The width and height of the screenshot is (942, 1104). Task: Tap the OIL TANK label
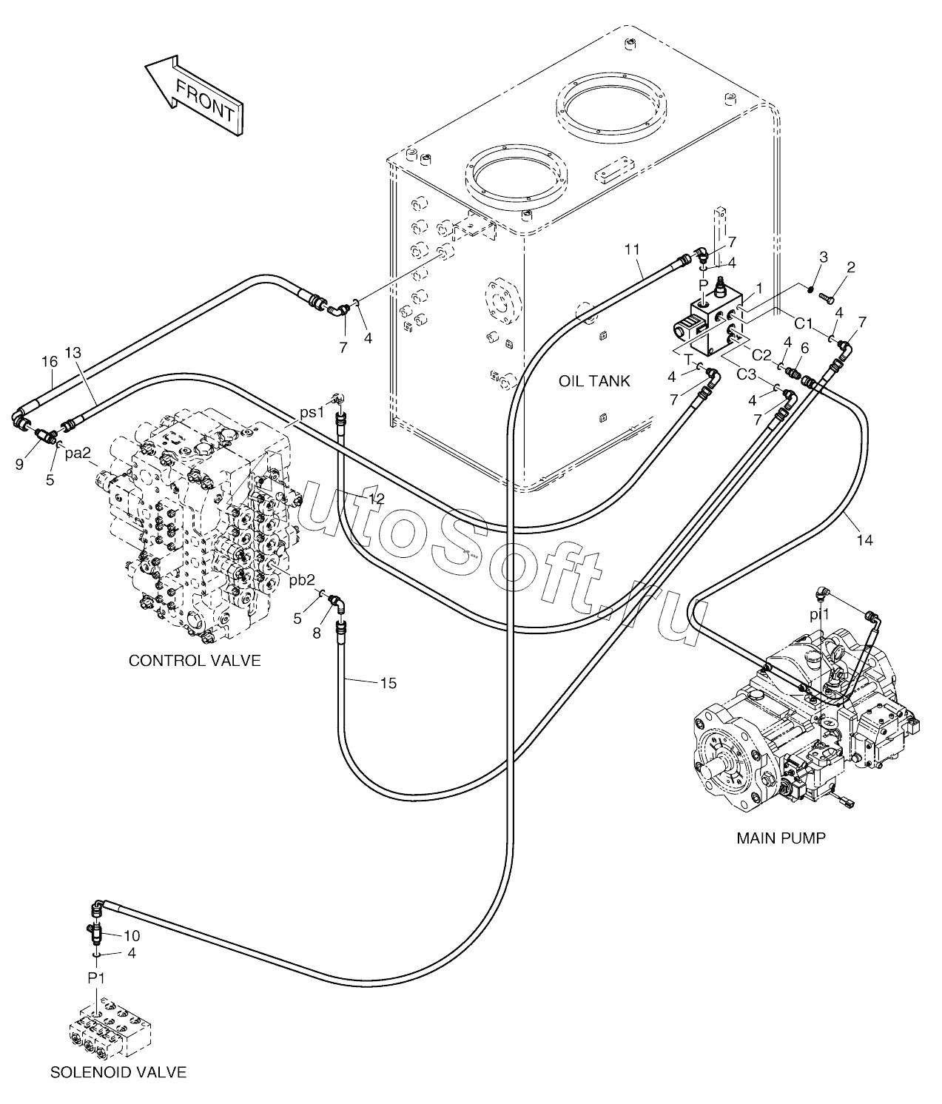[x=594, y=381]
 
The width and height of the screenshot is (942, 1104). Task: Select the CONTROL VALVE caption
[x=195, y=660]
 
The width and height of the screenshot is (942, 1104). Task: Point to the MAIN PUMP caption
[x=781, y=838]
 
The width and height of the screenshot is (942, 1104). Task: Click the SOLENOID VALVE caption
[x=118, y=1071]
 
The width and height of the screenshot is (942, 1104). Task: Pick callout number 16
[x=49, y=361]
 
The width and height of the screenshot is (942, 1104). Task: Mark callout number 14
[x=864, y=540]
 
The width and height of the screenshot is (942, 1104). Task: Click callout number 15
[x=388, y=683]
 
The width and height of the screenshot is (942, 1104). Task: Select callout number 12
[x=376, y=499]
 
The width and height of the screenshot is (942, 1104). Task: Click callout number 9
[x=20, y=465]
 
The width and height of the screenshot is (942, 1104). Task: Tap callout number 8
[x=317, y=633]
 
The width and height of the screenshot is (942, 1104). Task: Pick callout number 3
[x=823, y=257]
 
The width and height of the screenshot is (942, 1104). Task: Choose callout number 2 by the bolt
[x=851, y=267]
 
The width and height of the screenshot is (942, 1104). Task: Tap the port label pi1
[x=819, y=613]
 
